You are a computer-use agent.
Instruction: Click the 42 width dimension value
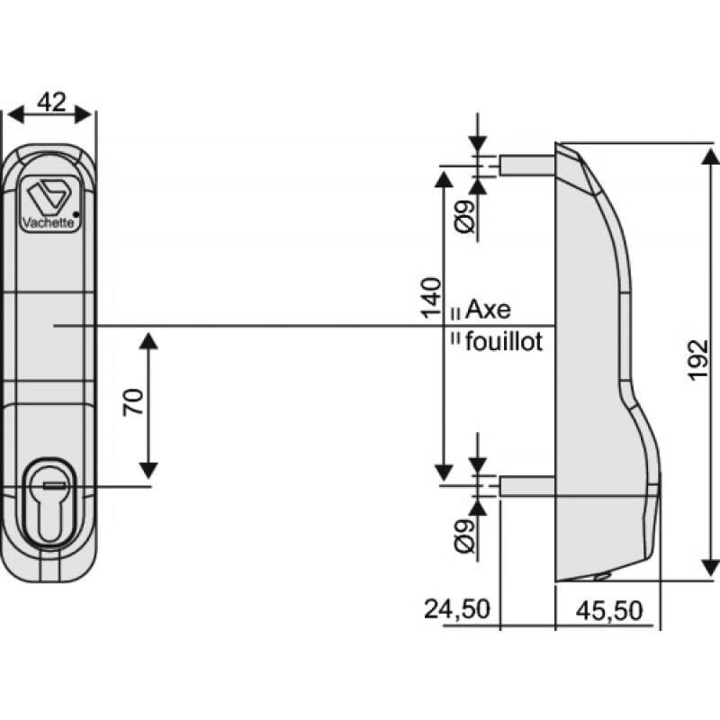(x=50, y=102)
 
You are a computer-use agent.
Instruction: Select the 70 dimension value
(x=133, y=402)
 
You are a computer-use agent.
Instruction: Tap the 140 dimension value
(x=430, y=298)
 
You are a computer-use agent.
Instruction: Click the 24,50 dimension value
(x=457, y=609)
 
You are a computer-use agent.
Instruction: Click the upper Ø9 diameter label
(x=463, y=217)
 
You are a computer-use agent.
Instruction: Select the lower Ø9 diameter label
(x=463, y=537)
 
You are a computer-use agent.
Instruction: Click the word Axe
(x=488, y=310)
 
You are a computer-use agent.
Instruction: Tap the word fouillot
(x=504, y=342)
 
